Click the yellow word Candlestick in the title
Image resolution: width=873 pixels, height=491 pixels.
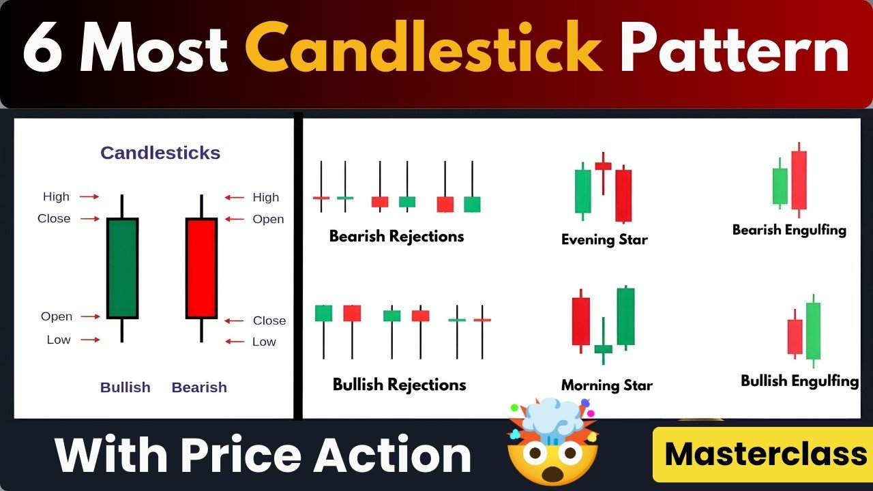click(x=424, y=47)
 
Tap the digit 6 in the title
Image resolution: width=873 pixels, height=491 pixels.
click(x=42, y=48)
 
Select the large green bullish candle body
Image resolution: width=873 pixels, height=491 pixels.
click(x=122, y=268)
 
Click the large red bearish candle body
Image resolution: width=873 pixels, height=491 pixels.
click(x=201, y=268)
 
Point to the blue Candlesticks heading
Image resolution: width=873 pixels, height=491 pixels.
click(x=160, y=153)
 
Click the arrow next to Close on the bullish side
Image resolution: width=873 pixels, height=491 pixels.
click(x=90, y=219)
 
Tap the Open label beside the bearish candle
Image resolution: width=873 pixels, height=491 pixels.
click(x=268, y=219)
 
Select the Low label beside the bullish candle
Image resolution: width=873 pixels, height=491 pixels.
click(x=59, y=340)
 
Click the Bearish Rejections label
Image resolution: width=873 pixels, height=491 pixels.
click(x=396, y=236)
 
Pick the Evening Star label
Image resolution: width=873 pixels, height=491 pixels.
click(x=604, y=239)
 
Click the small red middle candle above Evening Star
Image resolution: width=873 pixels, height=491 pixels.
click(x=604, y=166)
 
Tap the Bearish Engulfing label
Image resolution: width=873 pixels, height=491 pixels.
click(x=789, y=230)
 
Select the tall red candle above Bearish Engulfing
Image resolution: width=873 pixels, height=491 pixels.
click(x=799, y=180)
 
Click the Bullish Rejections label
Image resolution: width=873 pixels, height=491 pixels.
click(x=399, y=385)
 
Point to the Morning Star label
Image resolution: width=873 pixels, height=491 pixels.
click(x=607, y=385)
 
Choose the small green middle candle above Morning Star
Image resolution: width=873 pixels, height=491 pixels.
click(x=604, y=348)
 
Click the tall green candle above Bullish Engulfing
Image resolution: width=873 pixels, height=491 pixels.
click(x=813, y=331)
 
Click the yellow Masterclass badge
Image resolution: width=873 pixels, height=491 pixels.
click(x=763, y=455)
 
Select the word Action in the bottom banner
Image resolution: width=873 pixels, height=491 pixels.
click(x=394, y=455)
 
